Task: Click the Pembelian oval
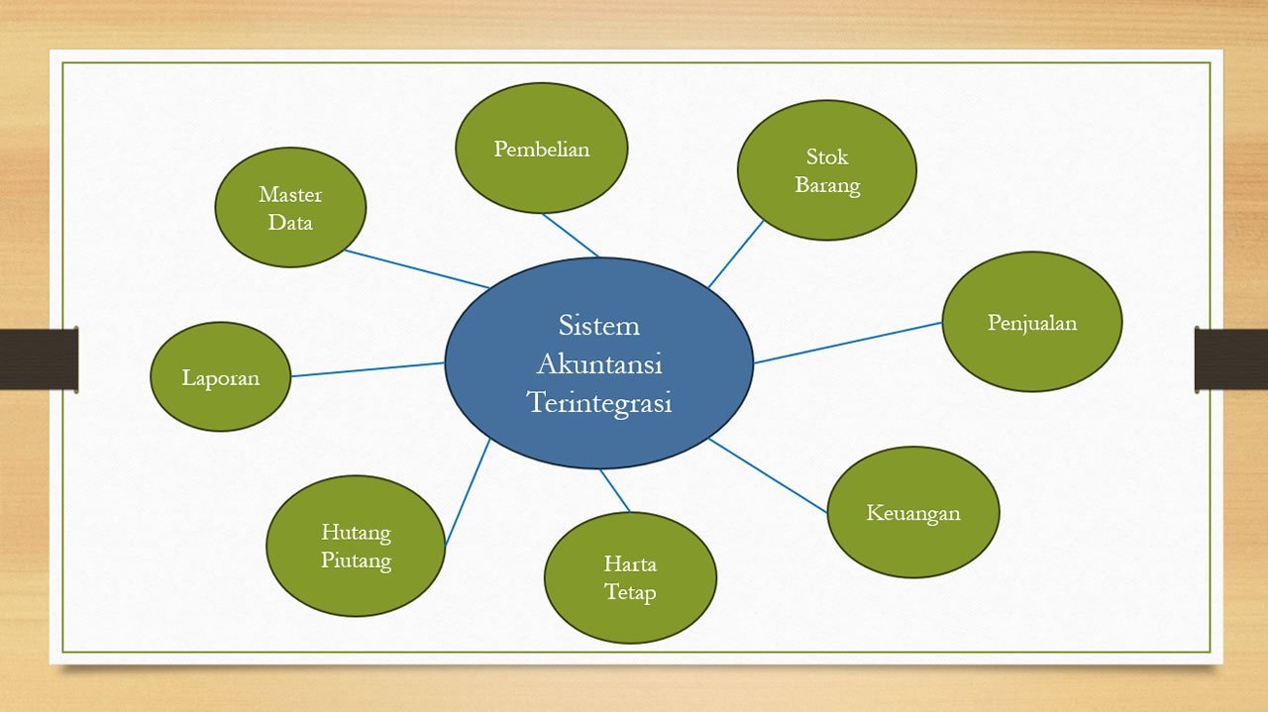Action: [541, 149]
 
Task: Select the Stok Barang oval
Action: [826, 170]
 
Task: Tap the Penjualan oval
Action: [1031, 322]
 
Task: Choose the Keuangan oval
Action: [912, 512]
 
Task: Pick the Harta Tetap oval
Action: [630, 578]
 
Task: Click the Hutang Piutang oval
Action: [356, 547]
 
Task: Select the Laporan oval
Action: [220, 377]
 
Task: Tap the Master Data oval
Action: [290, 208]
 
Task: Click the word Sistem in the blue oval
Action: [598, 326]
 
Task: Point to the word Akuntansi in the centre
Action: [598, 364]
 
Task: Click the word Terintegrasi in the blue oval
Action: [598, 403]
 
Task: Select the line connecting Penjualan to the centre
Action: [847, 343]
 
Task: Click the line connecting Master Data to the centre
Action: [416, 268]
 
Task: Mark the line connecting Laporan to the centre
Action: [367, 369]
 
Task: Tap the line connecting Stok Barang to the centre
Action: [736, 254]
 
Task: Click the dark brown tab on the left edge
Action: [39, 358]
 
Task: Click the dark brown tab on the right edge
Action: [1230, 358]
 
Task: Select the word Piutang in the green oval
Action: [356, 560]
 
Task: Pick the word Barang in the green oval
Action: [826, 185]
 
